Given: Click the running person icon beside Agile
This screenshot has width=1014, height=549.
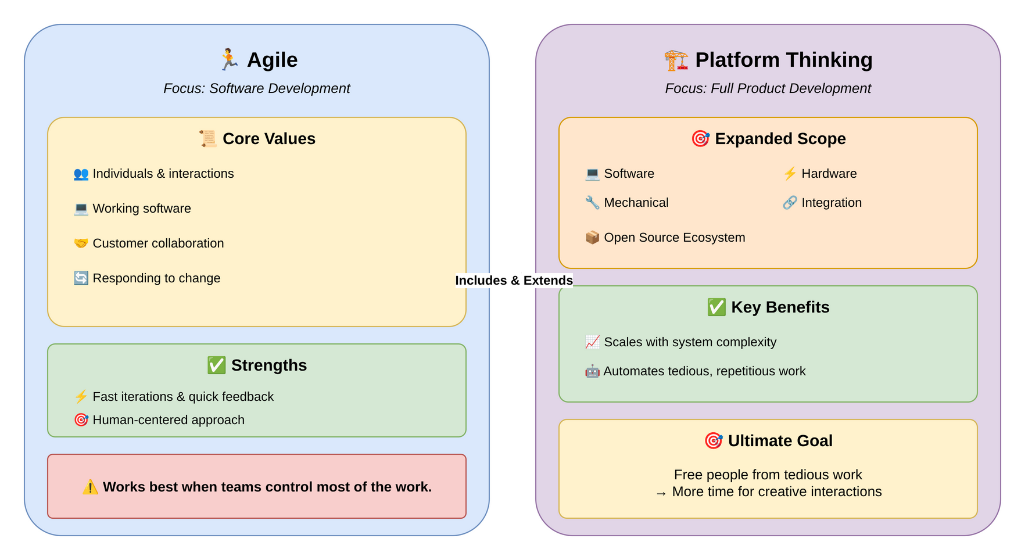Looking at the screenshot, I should pyautogui.click(x=229, y=60).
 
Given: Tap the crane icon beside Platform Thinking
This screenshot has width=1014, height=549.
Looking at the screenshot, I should pyautogui.click(x=676, y=60).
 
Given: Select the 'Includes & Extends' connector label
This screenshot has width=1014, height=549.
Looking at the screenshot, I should pyautogui.click(x=514, y=281).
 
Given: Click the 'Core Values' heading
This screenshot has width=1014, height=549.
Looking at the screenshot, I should pyautogui.click(x=268, y=139).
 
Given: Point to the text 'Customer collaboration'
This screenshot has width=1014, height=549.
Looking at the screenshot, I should pyautogui.click(x=158, y=243).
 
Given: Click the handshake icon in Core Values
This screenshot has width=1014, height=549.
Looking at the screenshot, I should pyautogui.click(x=81, y=243).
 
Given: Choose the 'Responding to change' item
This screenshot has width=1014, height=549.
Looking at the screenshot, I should pyautogui.click(x=156, y=278).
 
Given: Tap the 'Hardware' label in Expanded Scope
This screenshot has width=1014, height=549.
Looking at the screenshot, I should pyautogui.click(x=829, y=174).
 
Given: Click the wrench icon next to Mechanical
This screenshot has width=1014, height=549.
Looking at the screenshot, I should pyautogui.click(x=592, y=203).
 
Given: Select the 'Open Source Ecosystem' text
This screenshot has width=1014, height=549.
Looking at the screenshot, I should pyautogui.click(x=674, y=238).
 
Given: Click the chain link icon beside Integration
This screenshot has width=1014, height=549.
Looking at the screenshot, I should pyautogui.click(x=790, y=203).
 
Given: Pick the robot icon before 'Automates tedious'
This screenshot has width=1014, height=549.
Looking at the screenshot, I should pyautogui.click(x=592, y=371).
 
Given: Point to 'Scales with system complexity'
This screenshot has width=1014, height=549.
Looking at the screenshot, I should pyautogui.click(x=690, y=342).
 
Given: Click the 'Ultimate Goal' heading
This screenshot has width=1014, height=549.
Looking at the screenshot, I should pyautogui.click(x=780, y=441).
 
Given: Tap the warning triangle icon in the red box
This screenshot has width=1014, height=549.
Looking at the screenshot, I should pyautogui.click(x=90, y=487).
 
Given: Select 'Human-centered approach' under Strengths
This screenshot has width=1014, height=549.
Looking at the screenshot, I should pyautogui.click(x=169, y=420).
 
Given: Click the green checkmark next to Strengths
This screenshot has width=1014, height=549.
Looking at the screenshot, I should pyautogui.click(x=216, y=365).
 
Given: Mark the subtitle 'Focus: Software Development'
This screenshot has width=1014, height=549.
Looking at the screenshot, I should pyautogui.click(x=257, y=88).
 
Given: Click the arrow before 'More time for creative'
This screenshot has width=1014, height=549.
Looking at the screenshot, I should pyautogui.click(x=661, y=493).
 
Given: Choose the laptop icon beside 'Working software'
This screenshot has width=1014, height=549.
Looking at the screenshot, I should pyautogui.click(x=81, y=209).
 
